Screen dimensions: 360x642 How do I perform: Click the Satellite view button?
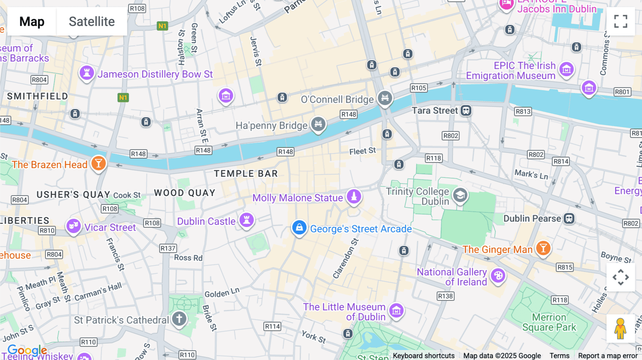92,21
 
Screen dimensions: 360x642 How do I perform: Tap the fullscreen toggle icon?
621,21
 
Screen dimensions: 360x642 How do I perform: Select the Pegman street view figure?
620,328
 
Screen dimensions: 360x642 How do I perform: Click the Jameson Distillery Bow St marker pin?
87,73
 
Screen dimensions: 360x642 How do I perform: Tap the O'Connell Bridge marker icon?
385,98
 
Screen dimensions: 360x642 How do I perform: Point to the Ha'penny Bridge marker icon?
318,124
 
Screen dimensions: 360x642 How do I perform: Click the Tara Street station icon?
466,110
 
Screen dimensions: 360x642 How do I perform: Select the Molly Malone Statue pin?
354,196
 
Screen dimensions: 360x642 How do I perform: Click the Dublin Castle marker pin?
246,220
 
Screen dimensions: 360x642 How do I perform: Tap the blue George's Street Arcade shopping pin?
299,227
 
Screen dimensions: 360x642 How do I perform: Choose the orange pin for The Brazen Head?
98,164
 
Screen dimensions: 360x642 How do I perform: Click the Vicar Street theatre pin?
73,226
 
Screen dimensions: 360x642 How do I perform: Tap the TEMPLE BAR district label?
246,174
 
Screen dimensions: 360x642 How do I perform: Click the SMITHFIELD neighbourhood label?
37,96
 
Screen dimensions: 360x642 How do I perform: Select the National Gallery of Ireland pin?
498,276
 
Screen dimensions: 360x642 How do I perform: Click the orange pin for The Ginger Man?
543,248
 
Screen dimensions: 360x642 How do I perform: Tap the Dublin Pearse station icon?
569,218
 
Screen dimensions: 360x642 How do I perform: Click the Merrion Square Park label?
549,322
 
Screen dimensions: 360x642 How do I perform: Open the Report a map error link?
608,356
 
